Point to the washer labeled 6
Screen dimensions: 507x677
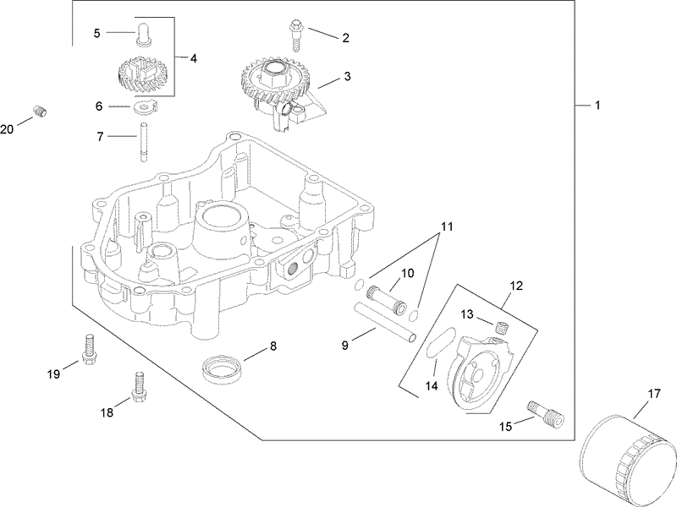(140, 106)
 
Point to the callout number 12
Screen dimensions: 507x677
(515, 286)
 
